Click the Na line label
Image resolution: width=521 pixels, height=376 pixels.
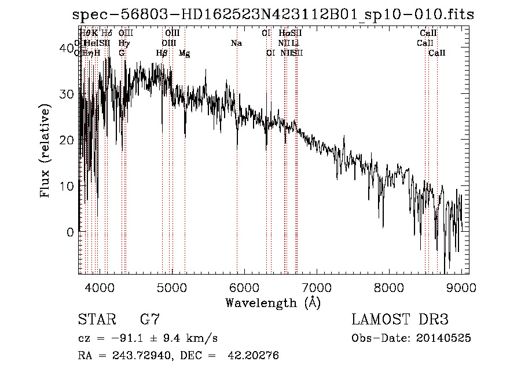coord(236,43)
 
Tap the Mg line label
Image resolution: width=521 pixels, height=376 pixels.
coord(185,53)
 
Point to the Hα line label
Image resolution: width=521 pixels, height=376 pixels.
coord(284,34)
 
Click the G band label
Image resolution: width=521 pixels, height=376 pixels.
coord(122,53)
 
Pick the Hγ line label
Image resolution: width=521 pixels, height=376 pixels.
coord(124,43)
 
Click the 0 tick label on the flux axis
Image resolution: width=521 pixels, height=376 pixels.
coord(71,232)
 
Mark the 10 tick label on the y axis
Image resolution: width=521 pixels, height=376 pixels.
coord(68,187)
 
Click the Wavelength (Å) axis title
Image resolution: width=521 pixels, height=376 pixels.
coord(272,302)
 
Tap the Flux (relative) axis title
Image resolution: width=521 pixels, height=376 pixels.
coord(46,150)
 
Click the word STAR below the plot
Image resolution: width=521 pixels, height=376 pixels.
coord(97,320)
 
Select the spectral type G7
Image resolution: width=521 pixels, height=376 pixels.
coord(150,320)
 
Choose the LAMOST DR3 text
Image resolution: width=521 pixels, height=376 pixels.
coord(400,320)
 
